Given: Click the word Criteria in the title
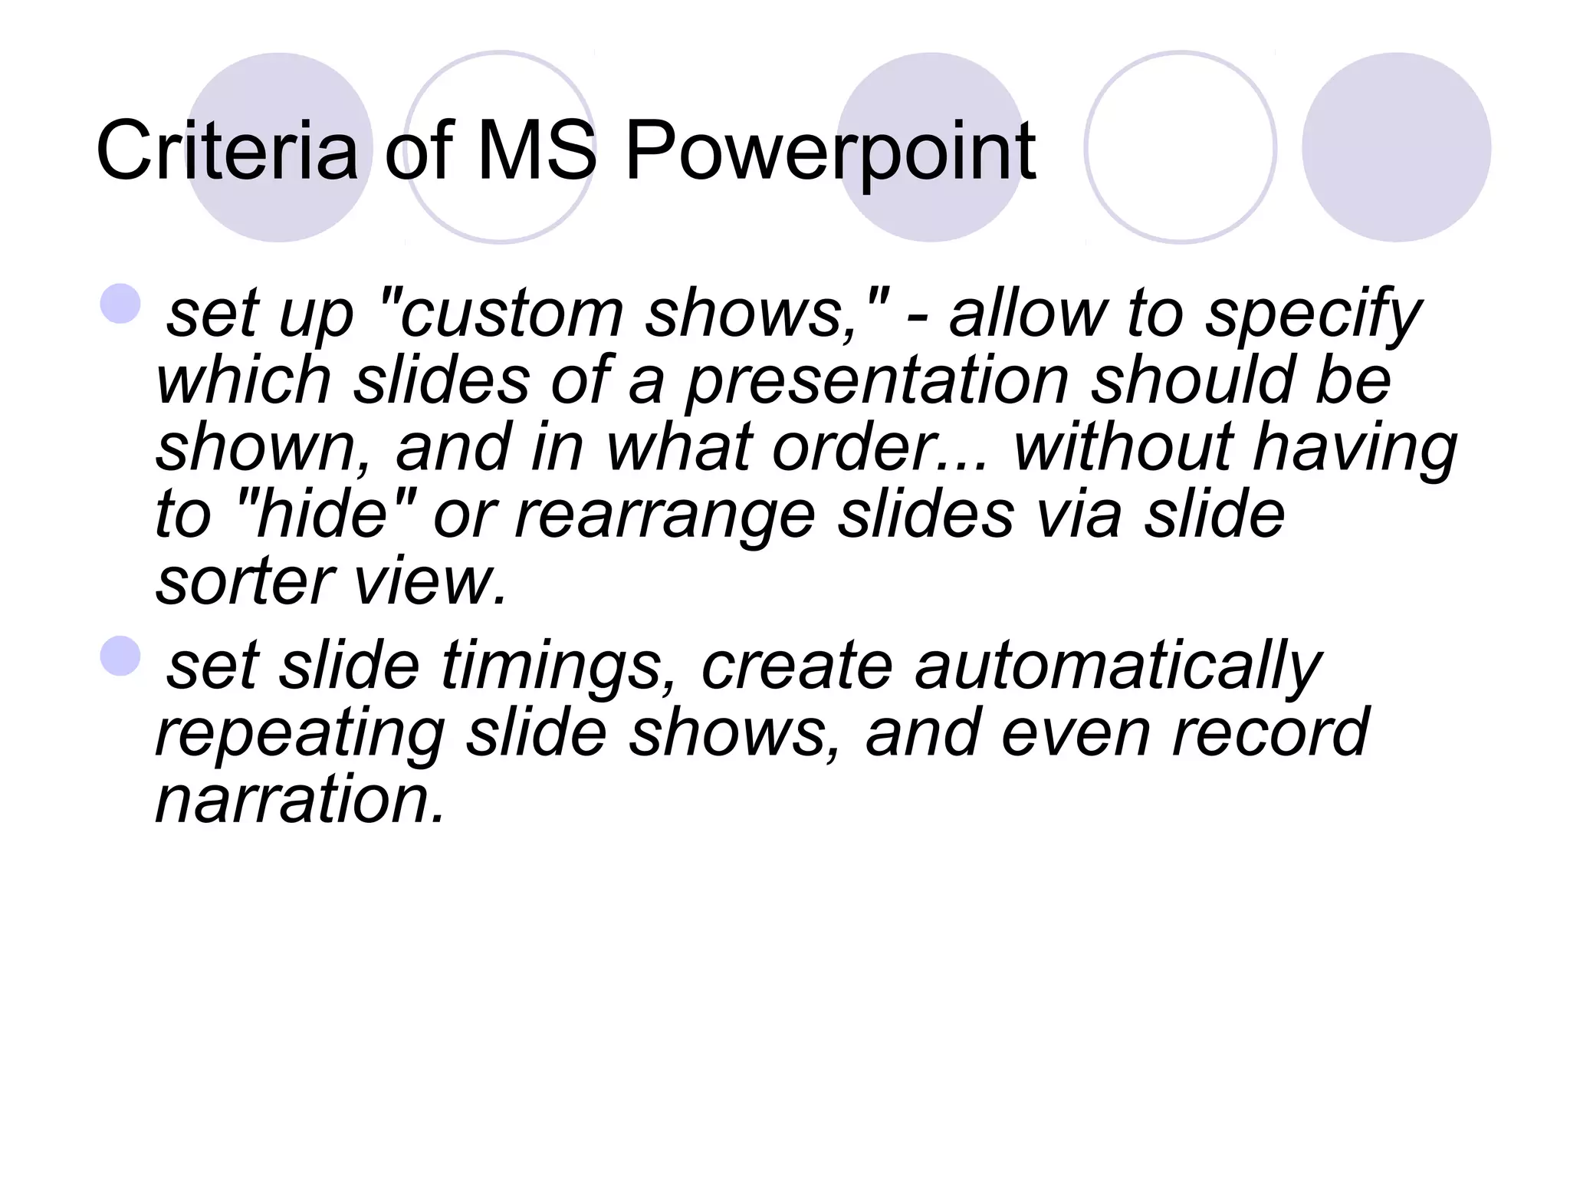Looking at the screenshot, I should coord(227,151).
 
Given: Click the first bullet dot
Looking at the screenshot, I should coord(120,304).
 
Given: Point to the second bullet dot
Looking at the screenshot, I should coord(120,656).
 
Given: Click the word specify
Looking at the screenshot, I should coord(1313,316).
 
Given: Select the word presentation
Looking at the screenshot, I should coord(877,383).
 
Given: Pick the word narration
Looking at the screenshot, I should coord(300,800).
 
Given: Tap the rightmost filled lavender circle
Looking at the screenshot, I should coord(1396,147).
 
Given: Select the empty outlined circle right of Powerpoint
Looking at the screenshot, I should coord(1181,147).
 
